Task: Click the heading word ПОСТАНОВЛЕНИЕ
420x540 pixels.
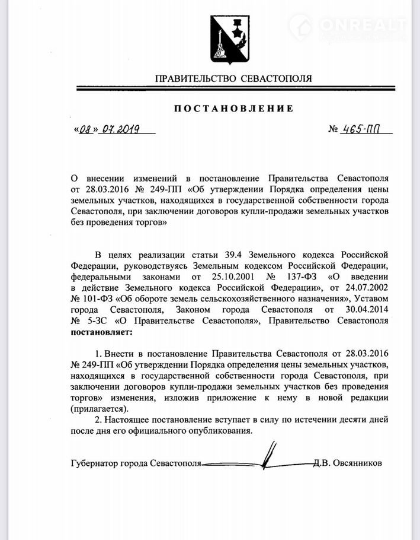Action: [x=233, y=109]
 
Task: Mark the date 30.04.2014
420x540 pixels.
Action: [x=364, y=310]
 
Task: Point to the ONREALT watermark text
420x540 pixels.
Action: [x=362, y=24]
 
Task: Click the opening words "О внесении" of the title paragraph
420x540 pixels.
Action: [x=92, y=178]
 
